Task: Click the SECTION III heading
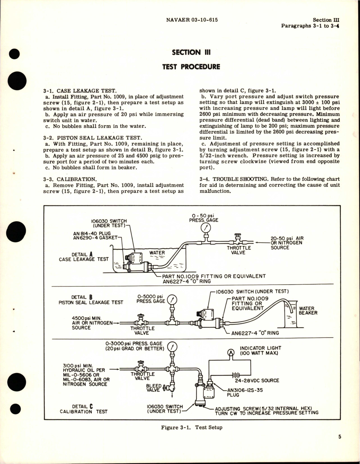(191, 52)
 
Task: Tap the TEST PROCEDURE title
(191, 67)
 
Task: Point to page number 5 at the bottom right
(340, 445)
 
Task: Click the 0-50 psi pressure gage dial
(205, 227)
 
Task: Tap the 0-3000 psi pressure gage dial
(172, 347)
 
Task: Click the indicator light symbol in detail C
(231, 352)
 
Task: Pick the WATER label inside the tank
(157, 253)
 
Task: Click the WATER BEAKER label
(308, 311)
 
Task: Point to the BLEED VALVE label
(154, 388)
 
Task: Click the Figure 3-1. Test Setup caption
(192, 427)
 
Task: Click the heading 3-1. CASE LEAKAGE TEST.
(80, 91)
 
